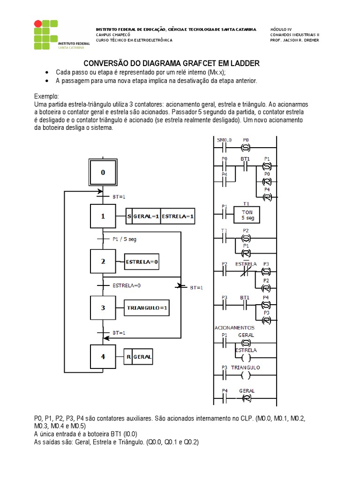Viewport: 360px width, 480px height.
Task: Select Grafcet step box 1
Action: (103, 217)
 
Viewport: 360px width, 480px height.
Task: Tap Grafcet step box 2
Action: (103, 261)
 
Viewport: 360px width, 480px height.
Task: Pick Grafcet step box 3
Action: (103, 307)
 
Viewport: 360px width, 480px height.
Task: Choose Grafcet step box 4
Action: (103, 356)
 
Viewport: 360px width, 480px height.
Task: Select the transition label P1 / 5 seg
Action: (125, 239)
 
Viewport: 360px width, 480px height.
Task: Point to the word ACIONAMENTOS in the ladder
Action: (234, 328)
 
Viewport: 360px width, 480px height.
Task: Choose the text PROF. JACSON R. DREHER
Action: (294, 40)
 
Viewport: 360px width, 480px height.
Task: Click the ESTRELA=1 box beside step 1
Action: (178, 217)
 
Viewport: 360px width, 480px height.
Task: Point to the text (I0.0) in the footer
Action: (128, 434)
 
